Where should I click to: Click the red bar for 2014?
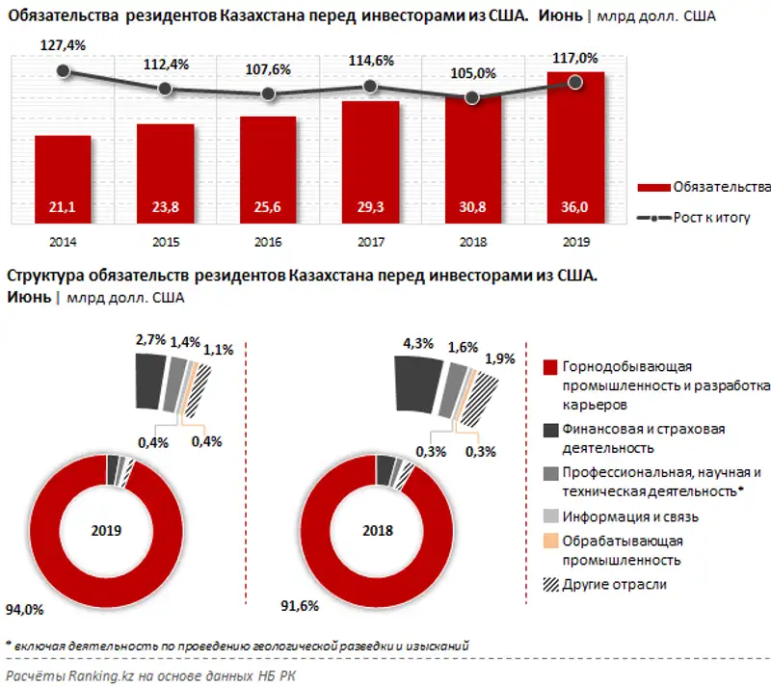(x=63, y=178)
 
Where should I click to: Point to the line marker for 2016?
(x=269, y=94)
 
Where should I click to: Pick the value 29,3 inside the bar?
(x=370, y=207)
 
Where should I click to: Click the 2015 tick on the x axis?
(x=165, y=242)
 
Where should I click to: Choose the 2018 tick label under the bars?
(x=473, y=242)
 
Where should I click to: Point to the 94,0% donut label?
(x=26, y=609)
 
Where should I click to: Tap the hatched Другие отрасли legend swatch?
(x=550, y=584)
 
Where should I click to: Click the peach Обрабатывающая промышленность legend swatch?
(x=550, y=542)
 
